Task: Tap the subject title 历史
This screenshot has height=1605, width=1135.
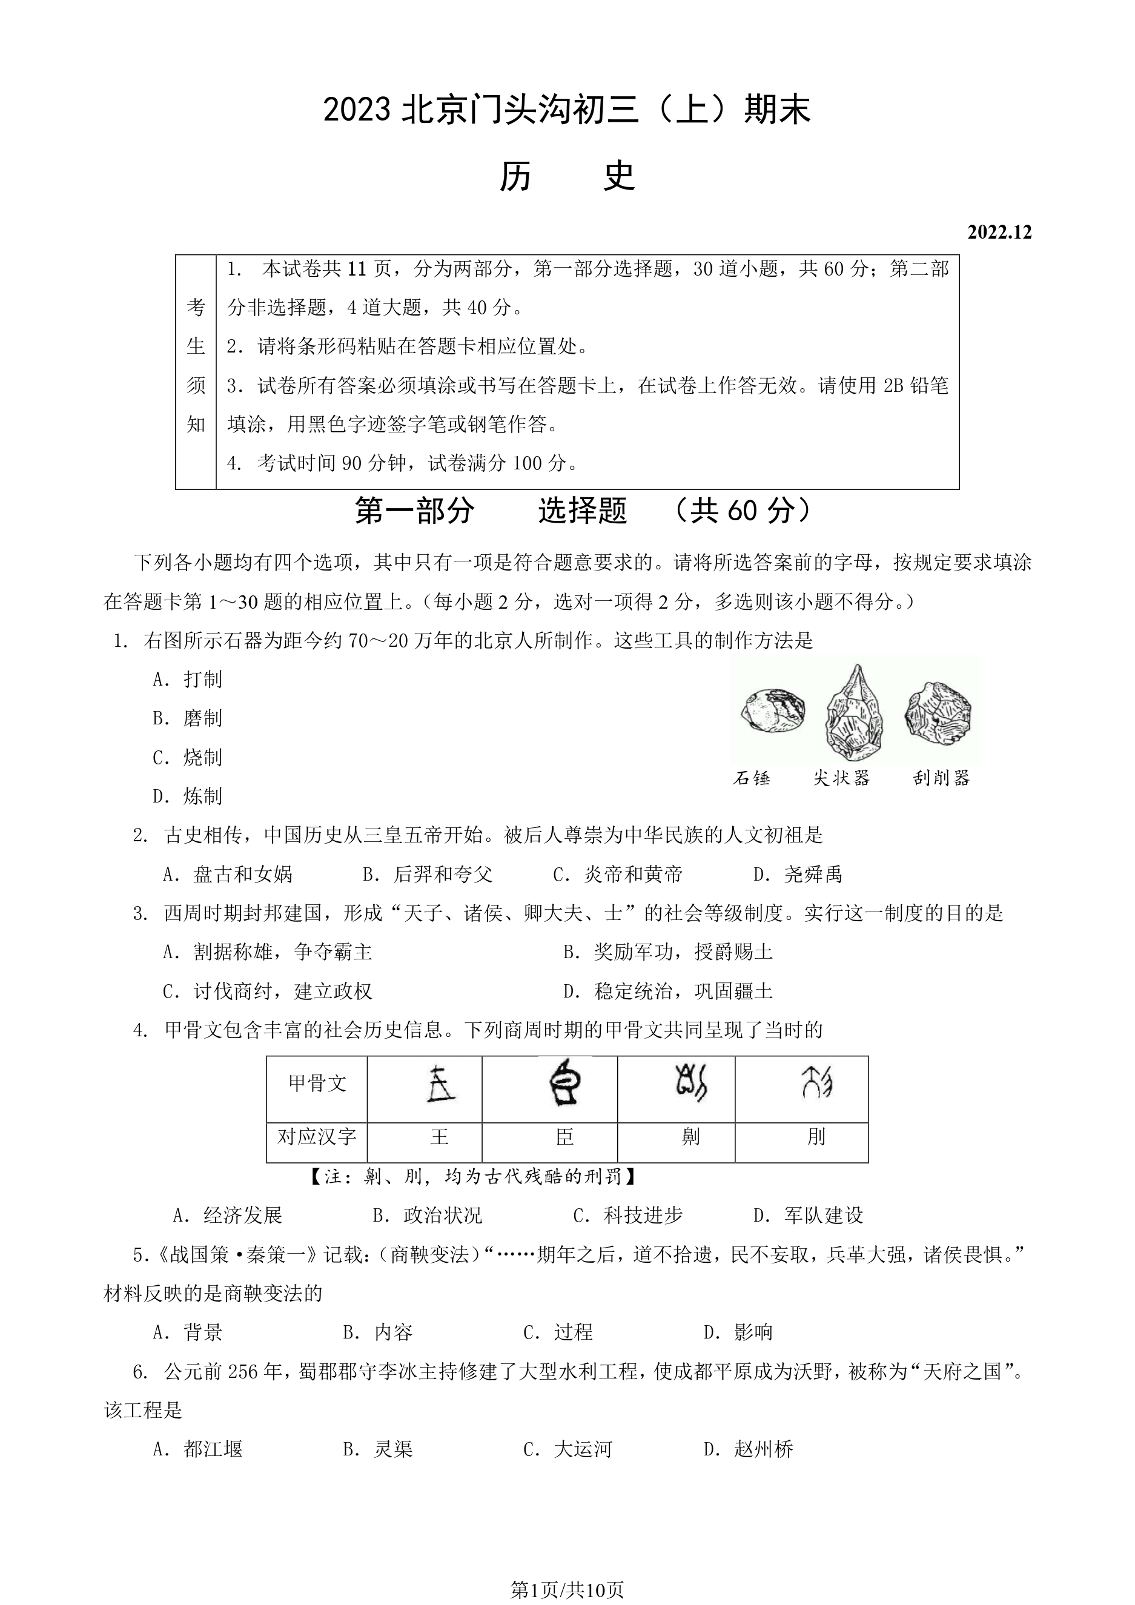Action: pos(567,176)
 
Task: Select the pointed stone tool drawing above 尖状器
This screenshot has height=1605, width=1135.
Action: pos(853,712)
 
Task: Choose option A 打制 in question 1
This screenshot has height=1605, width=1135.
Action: pos(187,679)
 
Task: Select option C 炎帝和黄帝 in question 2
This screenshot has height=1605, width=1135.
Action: pos(617,874)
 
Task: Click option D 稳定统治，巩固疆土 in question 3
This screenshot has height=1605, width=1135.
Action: pos(667,990)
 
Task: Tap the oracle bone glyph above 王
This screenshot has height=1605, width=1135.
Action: pos(440,1084)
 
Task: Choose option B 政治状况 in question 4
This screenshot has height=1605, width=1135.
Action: pos(427,1216)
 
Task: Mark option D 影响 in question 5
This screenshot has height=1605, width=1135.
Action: pos(738,1332)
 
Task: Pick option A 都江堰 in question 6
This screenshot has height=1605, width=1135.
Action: pos(198,1449)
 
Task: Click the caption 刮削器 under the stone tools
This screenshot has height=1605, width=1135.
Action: pos(941,778)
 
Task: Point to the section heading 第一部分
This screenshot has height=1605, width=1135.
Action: pos(414,511)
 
